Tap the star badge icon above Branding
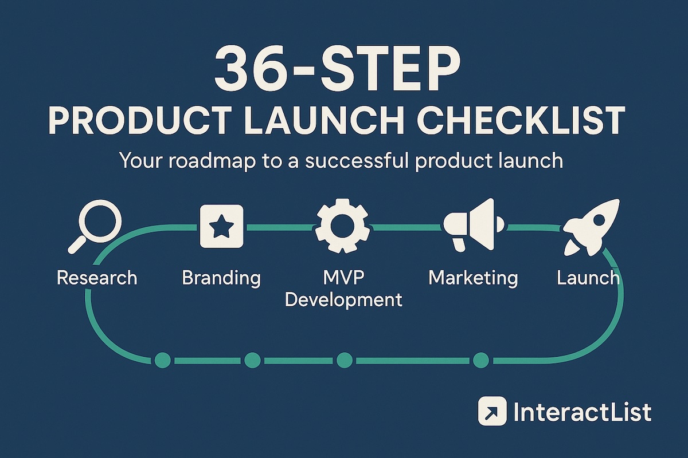[221, 226]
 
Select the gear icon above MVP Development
[342, 226]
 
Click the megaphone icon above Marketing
[474, 225]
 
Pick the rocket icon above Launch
[591, 228]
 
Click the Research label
[97, 278]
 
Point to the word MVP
[343, 277]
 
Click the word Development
[343, 300]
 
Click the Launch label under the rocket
[588, 278]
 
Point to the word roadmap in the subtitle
[212, 160]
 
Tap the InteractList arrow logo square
[492, 411]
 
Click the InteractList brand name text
[583, 412]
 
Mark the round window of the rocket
[599, 220]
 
